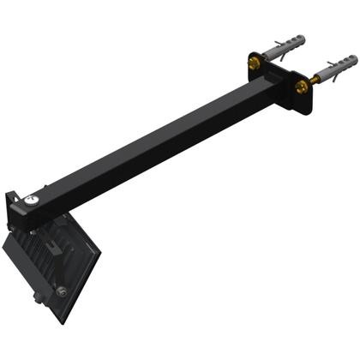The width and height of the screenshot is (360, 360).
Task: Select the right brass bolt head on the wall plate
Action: point(301,87)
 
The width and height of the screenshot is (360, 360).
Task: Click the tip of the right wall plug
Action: point(352,58)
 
